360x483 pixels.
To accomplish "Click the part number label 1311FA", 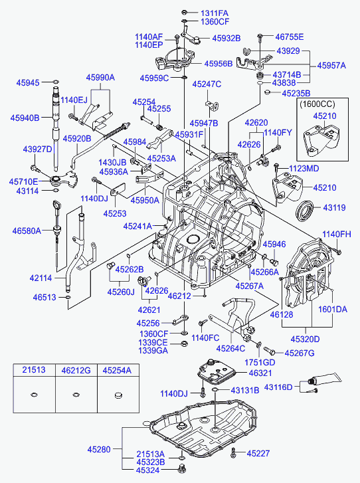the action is click(x=215, y=13).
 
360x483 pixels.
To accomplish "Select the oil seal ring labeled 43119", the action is click(x=305, y=211).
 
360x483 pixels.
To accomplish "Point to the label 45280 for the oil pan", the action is click(x=99, y=449).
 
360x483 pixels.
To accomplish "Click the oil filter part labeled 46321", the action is click(x=218, y=372).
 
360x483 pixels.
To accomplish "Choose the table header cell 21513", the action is click(x=34, y=369).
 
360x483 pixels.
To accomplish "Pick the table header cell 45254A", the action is click(x=117, y=370).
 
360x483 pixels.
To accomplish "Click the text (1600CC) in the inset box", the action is click(x=317, y=104).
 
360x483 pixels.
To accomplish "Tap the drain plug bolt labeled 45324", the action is click(x=182, y=469).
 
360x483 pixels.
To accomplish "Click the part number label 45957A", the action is click(x=331, y=66).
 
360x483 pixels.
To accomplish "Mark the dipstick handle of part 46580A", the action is click(x=56, y=204).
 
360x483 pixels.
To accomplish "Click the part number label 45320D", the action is click(x=305, y=339).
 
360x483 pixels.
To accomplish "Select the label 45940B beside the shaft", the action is click(x=25, y=118).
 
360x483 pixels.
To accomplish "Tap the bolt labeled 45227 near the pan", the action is click(x=233, y=452).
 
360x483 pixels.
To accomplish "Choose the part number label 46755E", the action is click(x=290, y=37).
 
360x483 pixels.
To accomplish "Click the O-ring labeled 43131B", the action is click(x=215, y=391).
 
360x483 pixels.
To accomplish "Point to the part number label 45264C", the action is click(x=230, y=348).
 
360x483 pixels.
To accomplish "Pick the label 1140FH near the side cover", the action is click(x=337, y=234).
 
